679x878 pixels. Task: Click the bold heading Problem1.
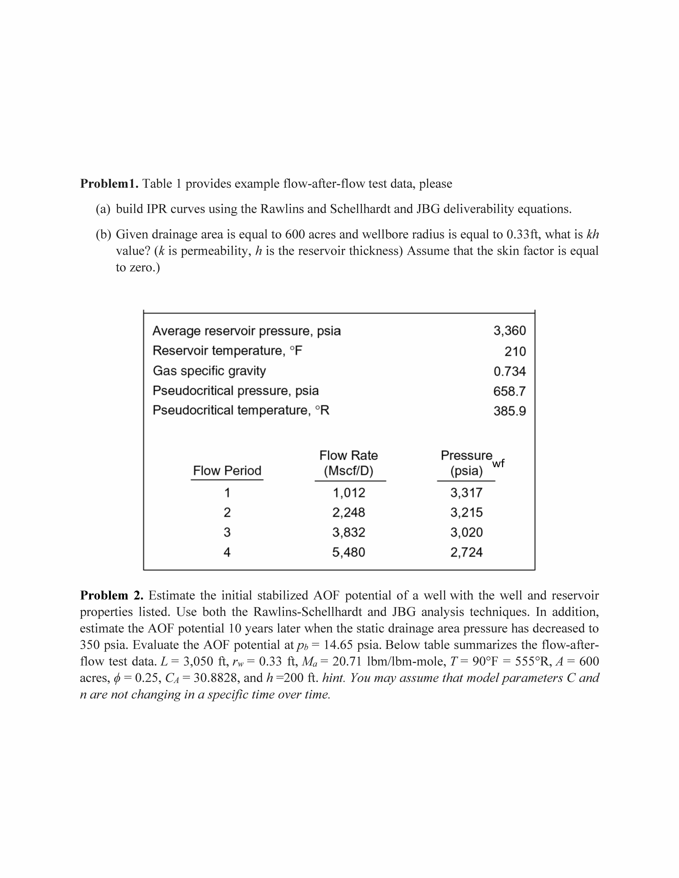click(x=109, y=184)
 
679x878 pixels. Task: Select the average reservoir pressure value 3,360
click(x=510, y=331)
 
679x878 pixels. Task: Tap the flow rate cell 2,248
click(x=349, y=513)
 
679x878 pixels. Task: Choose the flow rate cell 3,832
click(x=349, y=532)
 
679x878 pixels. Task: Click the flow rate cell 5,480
click(x=349, y=552)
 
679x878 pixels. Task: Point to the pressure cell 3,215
click(x=466, y=513)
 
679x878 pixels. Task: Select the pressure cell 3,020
click(x=466, y=532)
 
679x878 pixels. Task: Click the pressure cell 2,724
click(x=466, y=552)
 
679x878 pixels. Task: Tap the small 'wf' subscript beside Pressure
click(x=498, y=464)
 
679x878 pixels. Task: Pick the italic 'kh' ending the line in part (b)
click(x=593, y=234)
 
